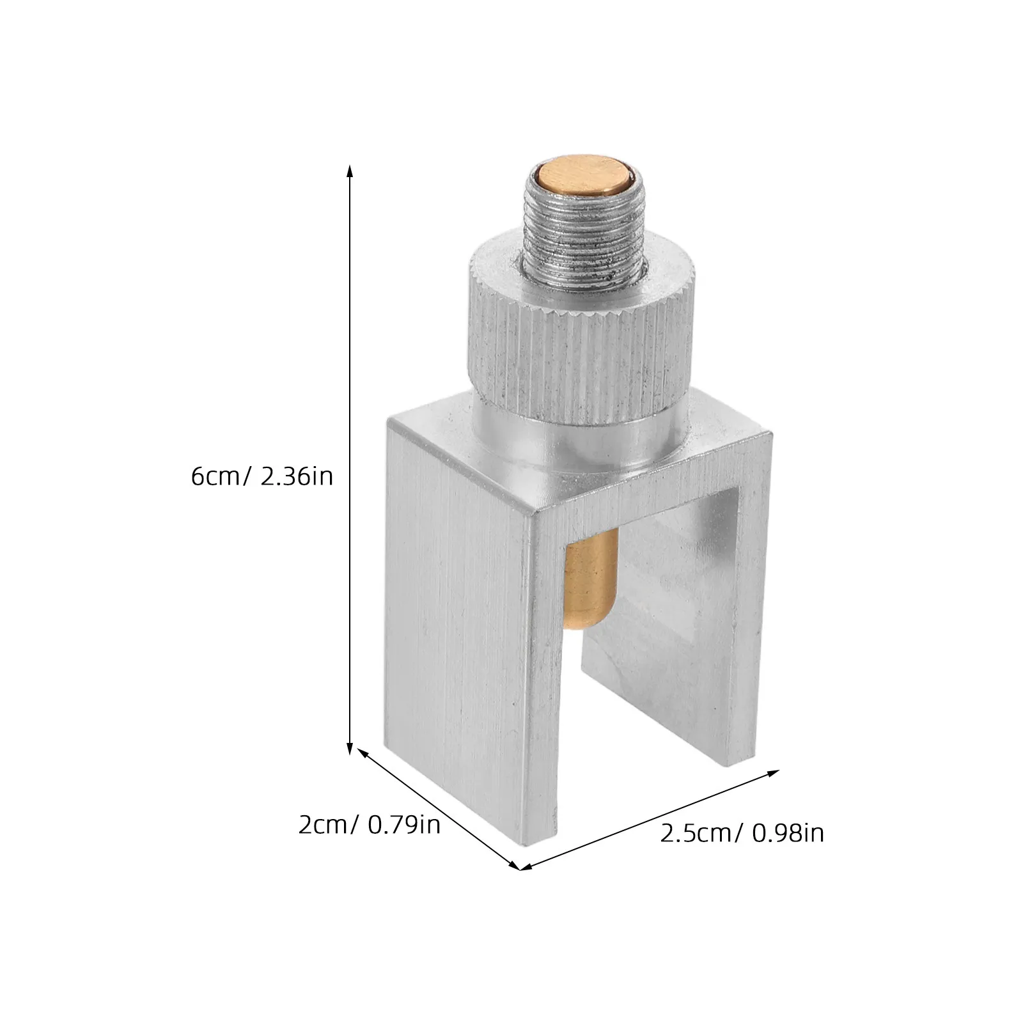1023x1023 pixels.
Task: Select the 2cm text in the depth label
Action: point(323,824)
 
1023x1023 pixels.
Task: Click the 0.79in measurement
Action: point(404,824)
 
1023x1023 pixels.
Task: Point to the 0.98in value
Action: point(788,833)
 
